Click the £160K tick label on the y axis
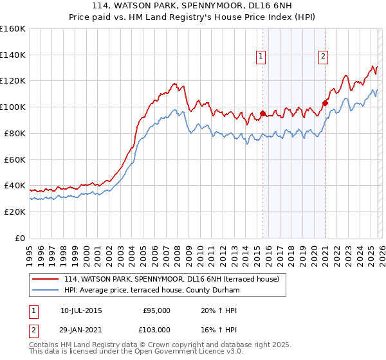13,29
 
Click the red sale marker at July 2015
263,114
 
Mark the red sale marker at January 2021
326,103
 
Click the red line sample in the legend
46,279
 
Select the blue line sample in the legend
46,291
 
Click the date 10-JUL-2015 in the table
81,310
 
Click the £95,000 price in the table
156,310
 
